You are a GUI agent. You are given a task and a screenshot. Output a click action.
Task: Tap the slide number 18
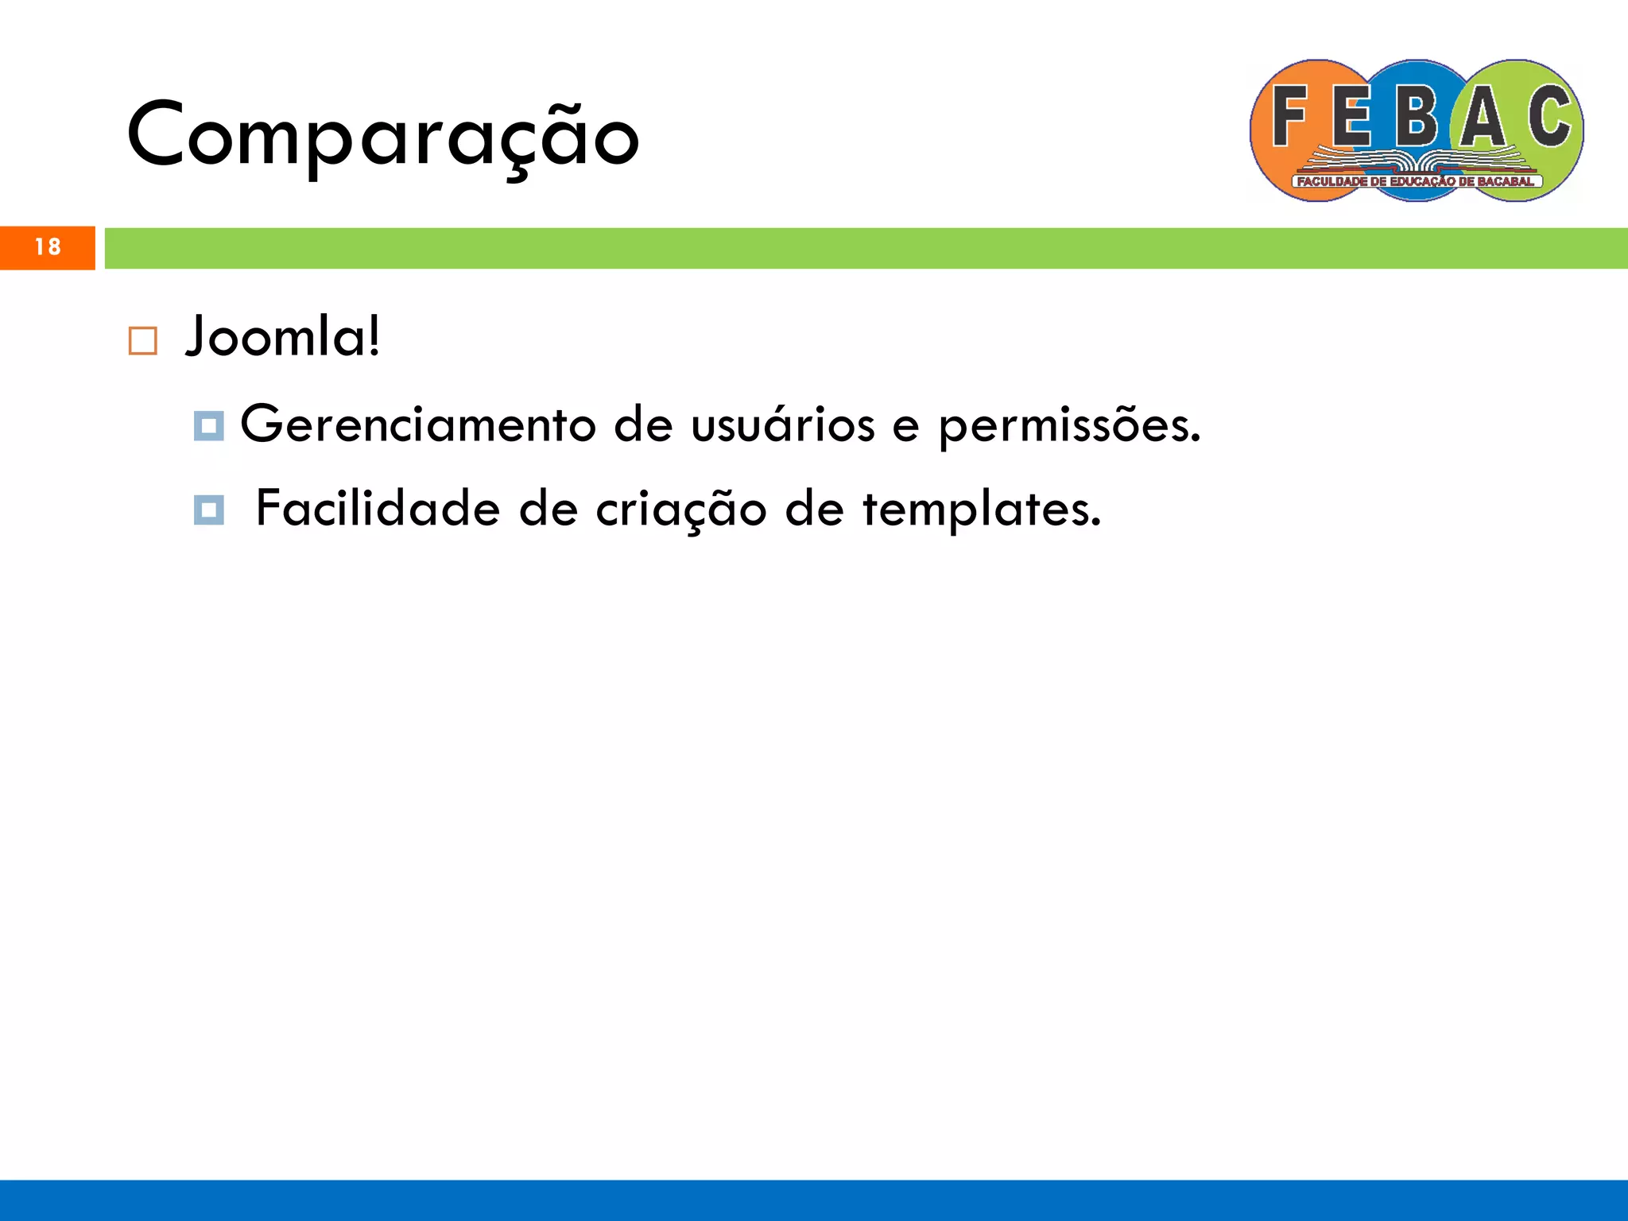[x=48, y=247]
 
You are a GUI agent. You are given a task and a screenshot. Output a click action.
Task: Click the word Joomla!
[x=283, y=337]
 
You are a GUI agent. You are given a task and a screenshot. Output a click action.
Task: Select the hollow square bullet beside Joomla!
[x=143, y=341]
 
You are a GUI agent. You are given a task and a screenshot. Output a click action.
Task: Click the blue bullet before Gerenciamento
[x=208, y=426]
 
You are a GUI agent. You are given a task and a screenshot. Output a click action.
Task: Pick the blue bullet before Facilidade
[x=208, y=510]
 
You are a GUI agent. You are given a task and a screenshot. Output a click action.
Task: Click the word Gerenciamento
[x=418, y=424]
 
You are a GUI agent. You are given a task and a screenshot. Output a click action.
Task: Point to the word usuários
[x=782, y=424]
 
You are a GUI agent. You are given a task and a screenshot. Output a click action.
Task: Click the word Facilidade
[x=378, y=509]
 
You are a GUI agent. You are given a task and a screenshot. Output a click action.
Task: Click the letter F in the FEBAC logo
[x=1289, y=117]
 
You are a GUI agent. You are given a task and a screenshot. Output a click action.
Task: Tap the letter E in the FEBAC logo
[x=1352, y=117]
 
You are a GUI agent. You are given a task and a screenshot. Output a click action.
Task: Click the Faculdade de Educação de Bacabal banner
[x=1416, y=181]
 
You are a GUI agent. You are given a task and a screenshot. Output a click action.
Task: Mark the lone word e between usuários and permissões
[x=905, y=426]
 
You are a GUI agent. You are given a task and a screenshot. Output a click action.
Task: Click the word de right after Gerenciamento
[x=643, y=424]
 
